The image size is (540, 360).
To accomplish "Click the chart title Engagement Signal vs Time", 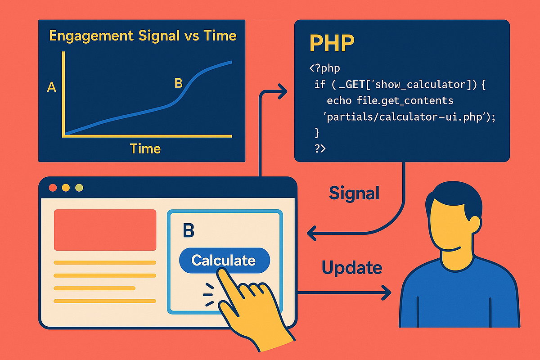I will click(x=143, y=36).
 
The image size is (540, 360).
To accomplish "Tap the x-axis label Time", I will click(x=145, y=148).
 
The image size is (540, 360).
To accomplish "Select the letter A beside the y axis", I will click(x=51, y=87).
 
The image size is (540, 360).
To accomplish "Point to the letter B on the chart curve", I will click(x=178, y=83).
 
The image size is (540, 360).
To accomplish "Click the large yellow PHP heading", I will click(x=331, y=43).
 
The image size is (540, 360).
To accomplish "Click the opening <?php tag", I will click(x=324, y=69).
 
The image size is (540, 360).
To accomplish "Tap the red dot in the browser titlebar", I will click(x=53, y=188).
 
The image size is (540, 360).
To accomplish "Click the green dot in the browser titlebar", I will click(x=79, y=188).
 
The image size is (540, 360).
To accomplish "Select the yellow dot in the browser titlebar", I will click(x=66, y=188).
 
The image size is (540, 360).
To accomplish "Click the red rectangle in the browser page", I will click(x=105, y=229).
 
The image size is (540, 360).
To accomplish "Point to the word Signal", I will click(x=354, y=193).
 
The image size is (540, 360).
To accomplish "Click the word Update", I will click(x=351, y=268).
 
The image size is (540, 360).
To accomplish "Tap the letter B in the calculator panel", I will click(x=189, y=230).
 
